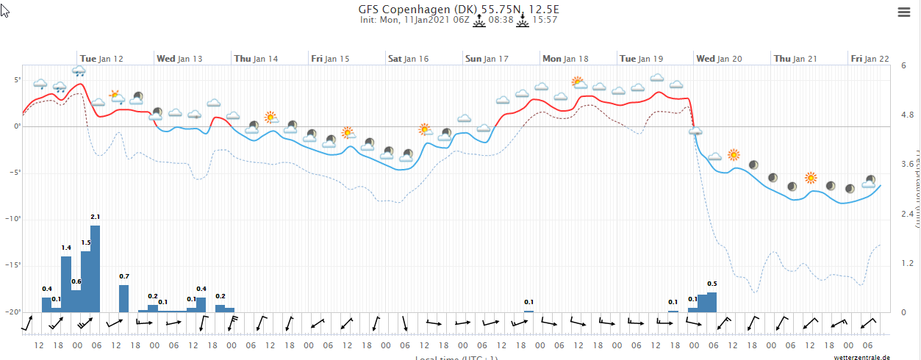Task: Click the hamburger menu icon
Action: tap(904, 12)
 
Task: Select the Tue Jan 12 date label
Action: tap(101, 58)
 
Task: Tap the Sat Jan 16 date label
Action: tap(408, 58)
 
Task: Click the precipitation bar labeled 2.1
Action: tap(95, 268)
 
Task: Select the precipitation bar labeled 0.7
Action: tap(123, 298)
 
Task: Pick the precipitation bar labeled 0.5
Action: tap(712, 301)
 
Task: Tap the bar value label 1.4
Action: tap(66, 268)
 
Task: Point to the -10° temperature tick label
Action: tap(13, 219)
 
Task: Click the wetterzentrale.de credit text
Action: tap(861, 357)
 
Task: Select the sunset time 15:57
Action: tap(545, 20)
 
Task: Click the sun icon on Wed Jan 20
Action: tap(733, 154)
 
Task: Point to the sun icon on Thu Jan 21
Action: tap(810, 177)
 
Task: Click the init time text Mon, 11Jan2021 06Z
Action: tap(414, 20)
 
